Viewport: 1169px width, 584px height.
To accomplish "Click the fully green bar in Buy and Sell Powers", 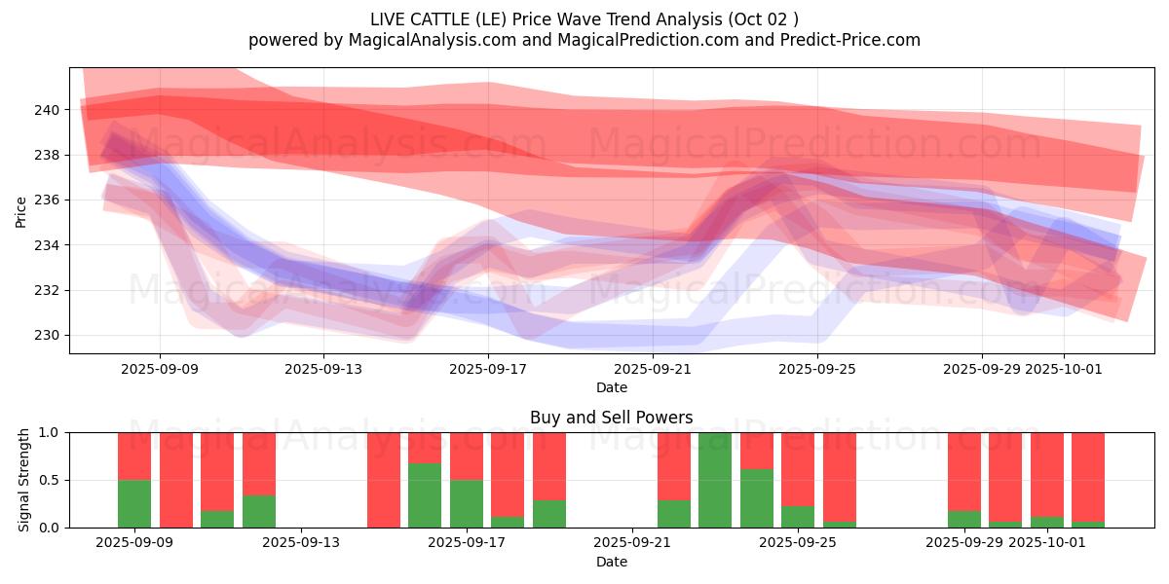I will (715, 480).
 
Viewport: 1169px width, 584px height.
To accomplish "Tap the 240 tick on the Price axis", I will (47, 110).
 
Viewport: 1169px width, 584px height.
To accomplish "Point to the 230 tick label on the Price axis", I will (47, 336).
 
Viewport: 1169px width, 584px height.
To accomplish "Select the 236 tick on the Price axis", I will (47, 201).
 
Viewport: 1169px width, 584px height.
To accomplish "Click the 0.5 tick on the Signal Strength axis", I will (49, 481).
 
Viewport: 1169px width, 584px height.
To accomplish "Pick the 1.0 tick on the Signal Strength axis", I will (49, 433).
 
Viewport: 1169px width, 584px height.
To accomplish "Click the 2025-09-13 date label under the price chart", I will (324, 369).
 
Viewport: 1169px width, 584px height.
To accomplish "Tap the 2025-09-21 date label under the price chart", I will (653, 369).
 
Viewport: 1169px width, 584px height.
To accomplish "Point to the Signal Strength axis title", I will (23, 480).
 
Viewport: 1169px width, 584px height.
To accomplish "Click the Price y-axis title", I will (21, 211).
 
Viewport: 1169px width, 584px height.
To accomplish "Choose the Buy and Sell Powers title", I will (611, 418).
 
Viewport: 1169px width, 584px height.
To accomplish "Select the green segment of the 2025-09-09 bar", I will (134, 503).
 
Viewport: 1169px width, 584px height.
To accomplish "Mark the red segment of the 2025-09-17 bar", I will (468, 456).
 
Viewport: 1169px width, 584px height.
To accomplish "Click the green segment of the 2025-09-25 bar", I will (798, 517).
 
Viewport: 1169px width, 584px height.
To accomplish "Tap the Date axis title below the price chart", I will (611, 387).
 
